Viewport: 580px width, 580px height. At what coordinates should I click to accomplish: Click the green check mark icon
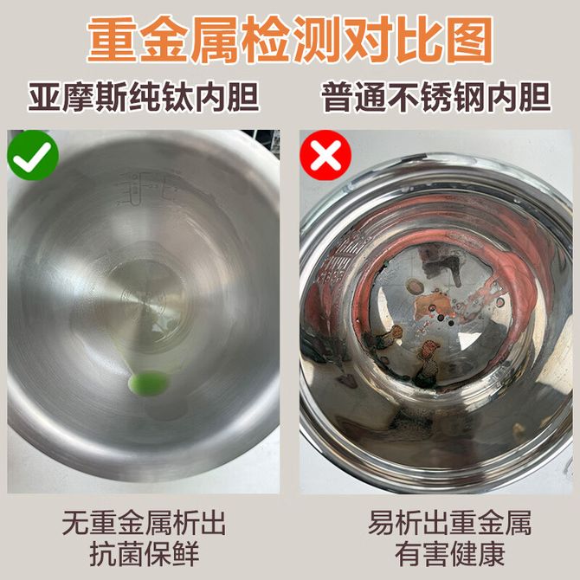(x=33, y=155)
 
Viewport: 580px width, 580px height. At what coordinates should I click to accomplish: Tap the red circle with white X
(x=325, y=155)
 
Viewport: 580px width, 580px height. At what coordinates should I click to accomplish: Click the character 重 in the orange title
(x=113, y=40)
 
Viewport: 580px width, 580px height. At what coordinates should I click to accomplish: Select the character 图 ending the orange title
(x=469, y=40)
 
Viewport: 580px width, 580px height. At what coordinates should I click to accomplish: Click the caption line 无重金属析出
(x=144, y=523)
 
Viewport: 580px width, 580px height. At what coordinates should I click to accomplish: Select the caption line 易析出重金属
(x=450, y=523)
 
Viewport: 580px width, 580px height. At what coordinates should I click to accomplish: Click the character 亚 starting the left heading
(x=44, y=98)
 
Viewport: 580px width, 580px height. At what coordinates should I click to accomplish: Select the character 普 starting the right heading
(x=338, y=98)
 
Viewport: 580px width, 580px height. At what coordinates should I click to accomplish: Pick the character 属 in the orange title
(x=215, y=40)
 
